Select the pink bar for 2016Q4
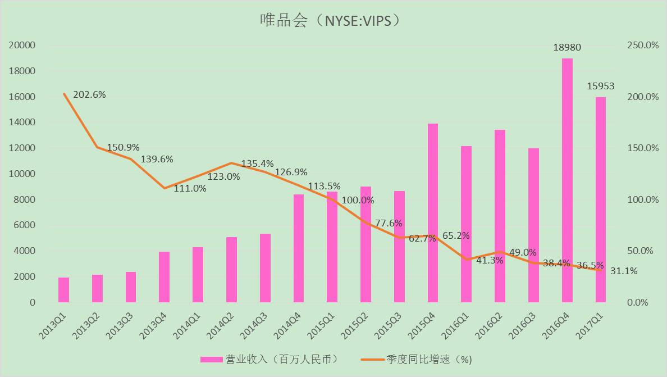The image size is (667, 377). pos(567,180)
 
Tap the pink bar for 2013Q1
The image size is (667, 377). pos(63,290)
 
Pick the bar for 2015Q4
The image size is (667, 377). pos(433,213)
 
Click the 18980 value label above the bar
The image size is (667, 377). pos(567,48)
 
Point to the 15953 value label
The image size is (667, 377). pos(601,87)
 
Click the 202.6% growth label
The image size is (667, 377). pos(90,94)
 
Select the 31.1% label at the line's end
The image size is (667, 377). pos(624,271)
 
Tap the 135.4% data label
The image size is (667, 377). pos(257,164)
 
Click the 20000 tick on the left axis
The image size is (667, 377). pos(22,46)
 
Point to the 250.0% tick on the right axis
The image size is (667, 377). pos(642,46)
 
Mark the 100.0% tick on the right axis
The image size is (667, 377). pos(642,199)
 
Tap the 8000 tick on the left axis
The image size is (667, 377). pos(25,199)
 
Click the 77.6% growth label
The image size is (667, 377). pos(389,223)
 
